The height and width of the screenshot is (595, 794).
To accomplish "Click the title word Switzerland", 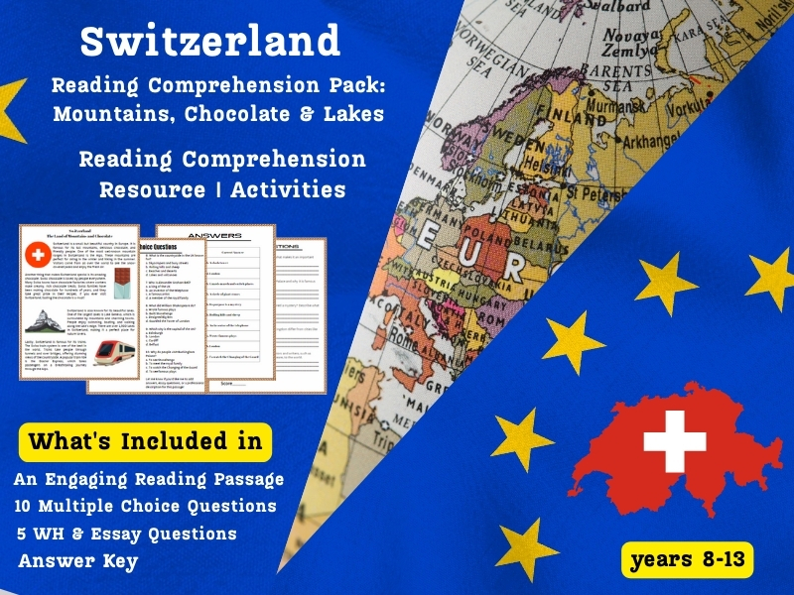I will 209,41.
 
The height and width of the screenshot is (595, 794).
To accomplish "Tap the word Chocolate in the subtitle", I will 246,113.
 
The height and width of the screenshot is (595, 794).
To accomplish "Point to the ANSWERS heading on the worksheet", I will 214,236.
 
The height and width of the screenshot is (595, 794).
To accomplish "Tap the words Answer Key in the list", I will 77,560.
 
